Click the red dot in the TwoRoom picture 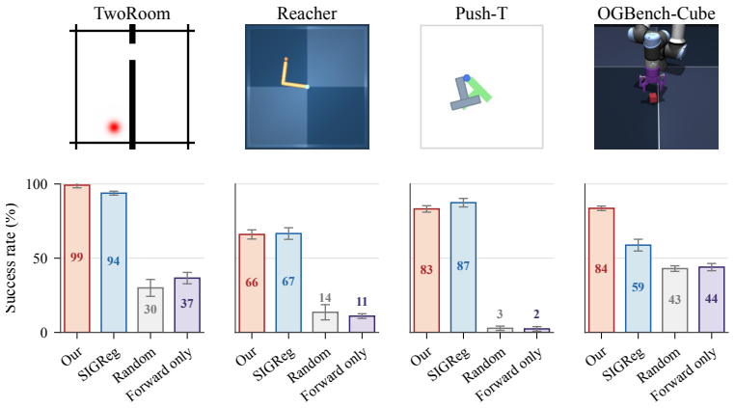pos(114,127)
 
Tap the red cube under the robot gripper pos(653,97)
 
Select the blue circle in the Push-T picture pos(467,78)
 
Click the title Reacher pos(307,14)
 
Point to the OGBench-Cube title pos(656,14)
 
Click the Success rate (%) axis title pos(11,258)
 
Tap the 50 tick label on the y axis pos(41,258)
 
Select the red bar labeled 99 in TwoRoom pos(77,258)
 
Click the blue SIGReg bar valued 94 pos(114,262)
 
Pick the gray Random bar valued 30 pos(150,310)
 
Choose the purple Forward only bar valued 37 pos(187,305)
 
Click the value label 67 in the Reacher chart pos(288,282)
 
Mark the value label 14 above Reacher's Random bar pos(325,298)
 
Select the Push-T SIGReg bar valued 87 pos(463,267)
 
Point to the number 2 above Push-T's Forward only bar pos(536,314)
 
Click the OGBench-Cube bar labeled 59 pos(638,288)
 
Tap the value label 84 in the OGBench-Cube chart pos(601,269)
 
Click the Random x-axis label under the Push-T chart pos(484,366)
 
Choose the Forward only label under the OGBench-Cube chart pos(684,374)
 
